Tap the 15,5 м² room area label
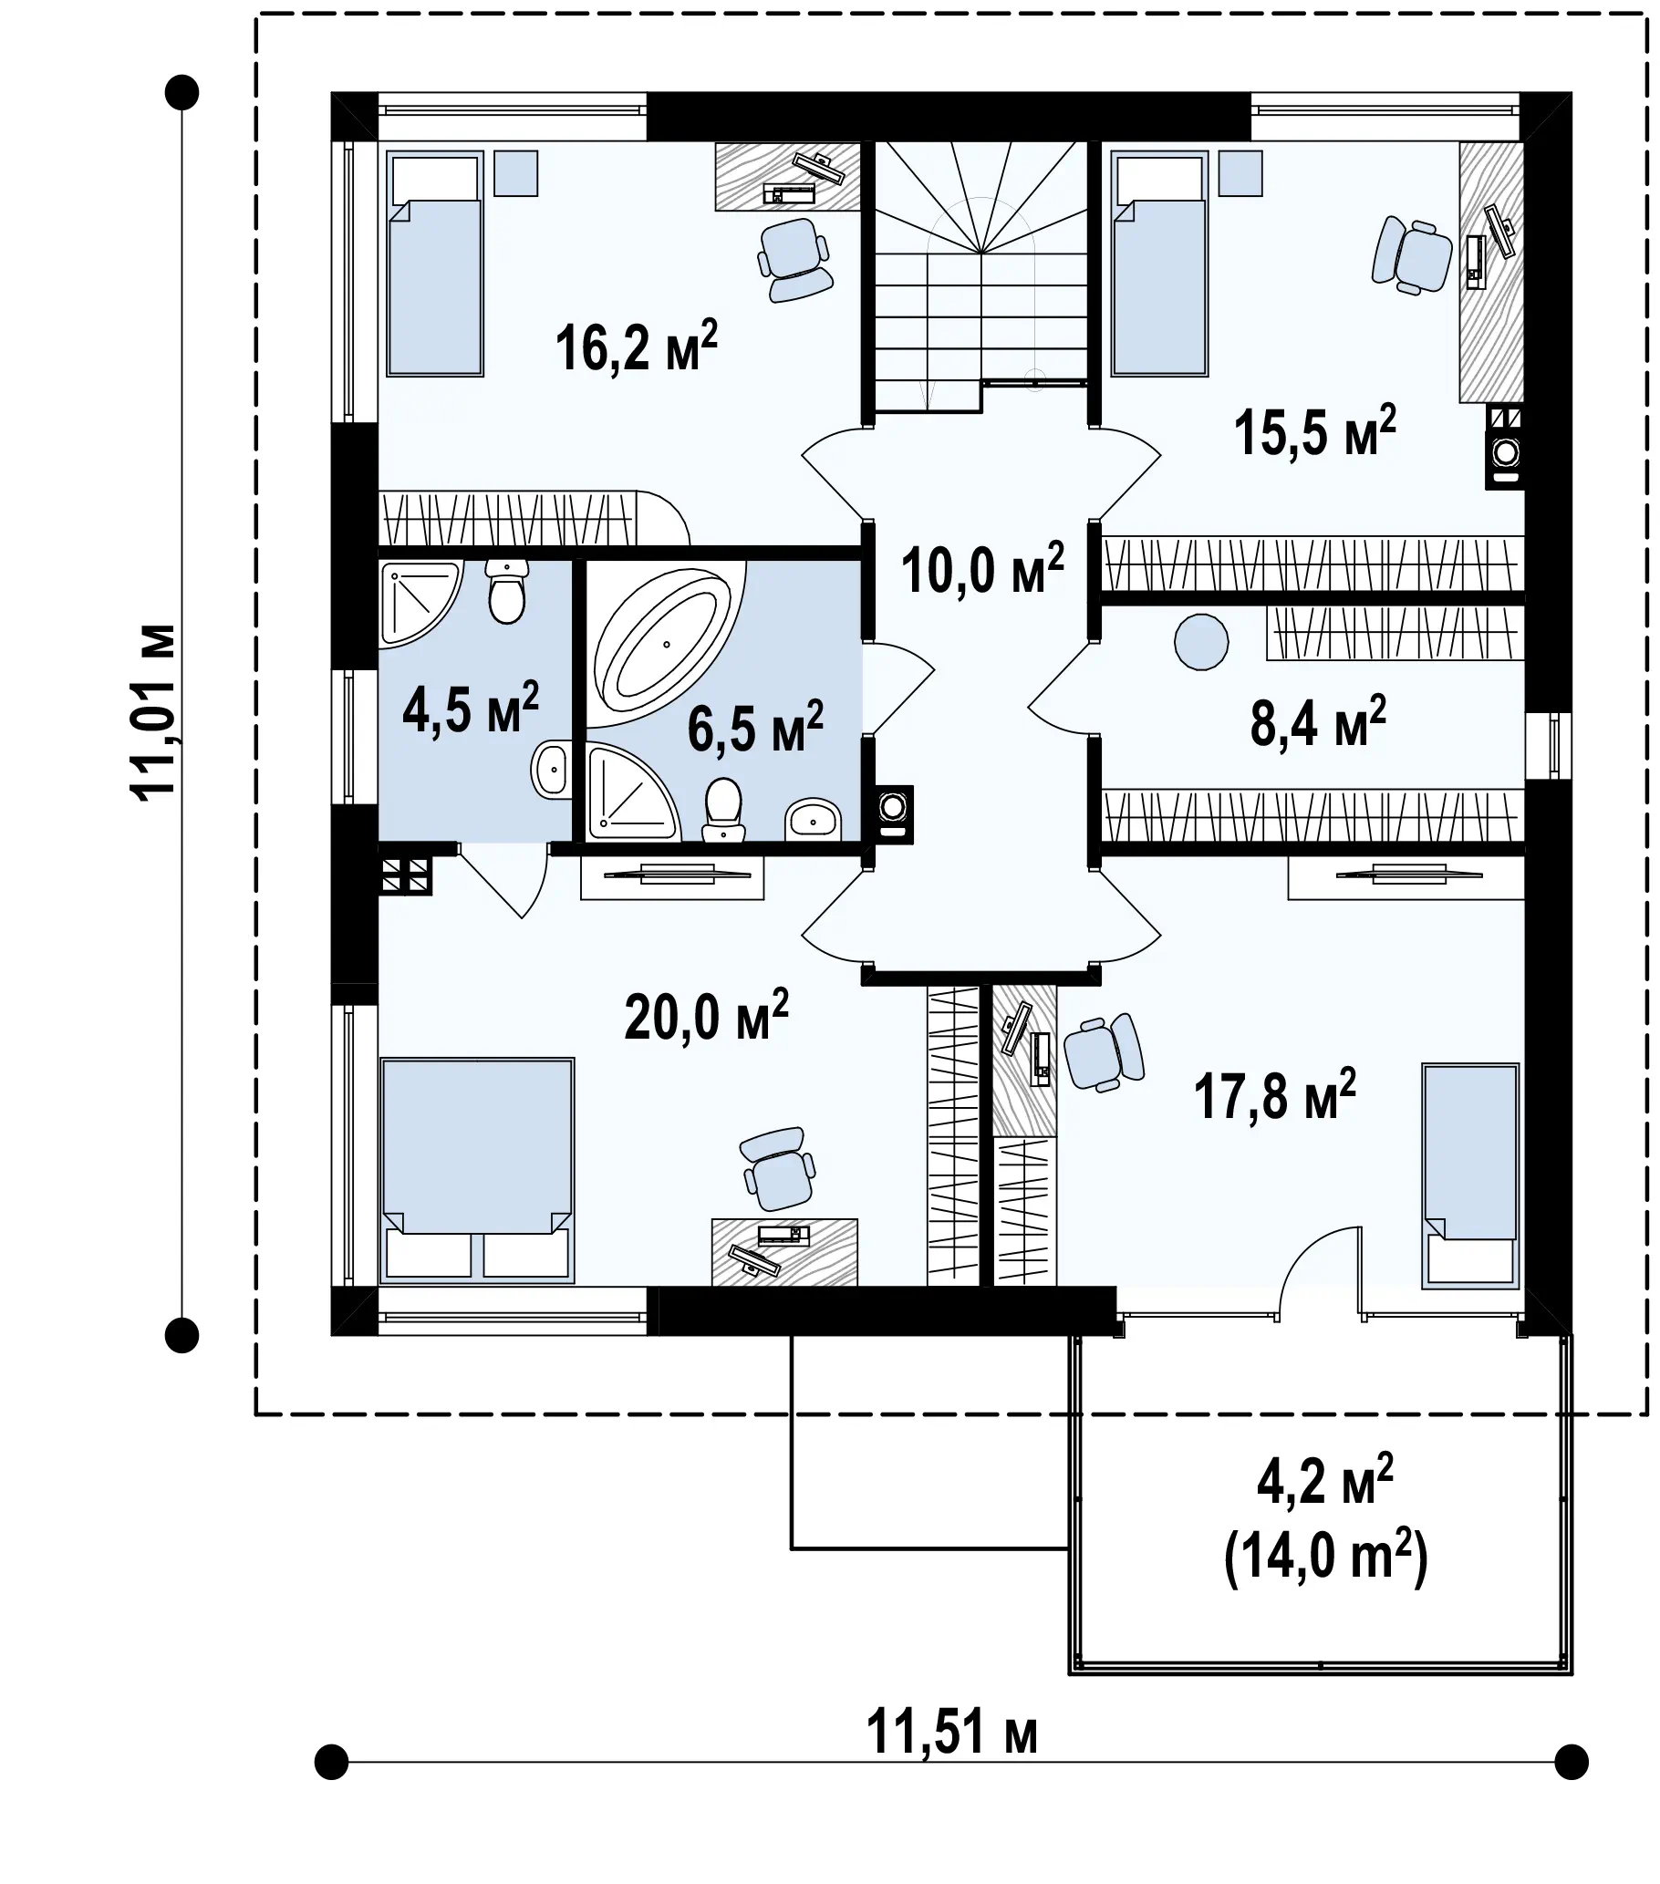(x=1314, y=430)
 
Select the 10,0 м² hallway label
(x=981, y=569)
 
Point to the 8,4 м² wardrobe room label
(x=1318, y=721)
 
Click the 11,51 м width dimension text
(x=952, y=1732)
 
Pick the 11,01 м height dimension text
(x=152, y=712)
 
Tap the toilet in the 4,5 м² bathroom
(x=507, y=592)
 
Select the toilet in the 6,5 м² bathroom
(x=723, y=810)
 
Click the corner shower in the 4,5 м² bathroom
(x=417, y=601)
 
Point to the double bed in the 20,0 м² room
(x=476, y=1171)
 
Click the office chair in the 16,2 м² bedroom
(x=794, y=260)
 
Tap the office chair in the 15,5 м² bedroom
(x=1410, y=255)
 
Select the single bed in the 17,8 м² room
(x=1470, y=1175)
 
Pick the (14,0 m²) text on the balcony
(x=1325, y=1558)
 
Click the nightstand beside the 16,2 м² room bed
(x=515, y=173)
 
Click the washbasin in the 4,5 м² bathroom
(x=550, y=768)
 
